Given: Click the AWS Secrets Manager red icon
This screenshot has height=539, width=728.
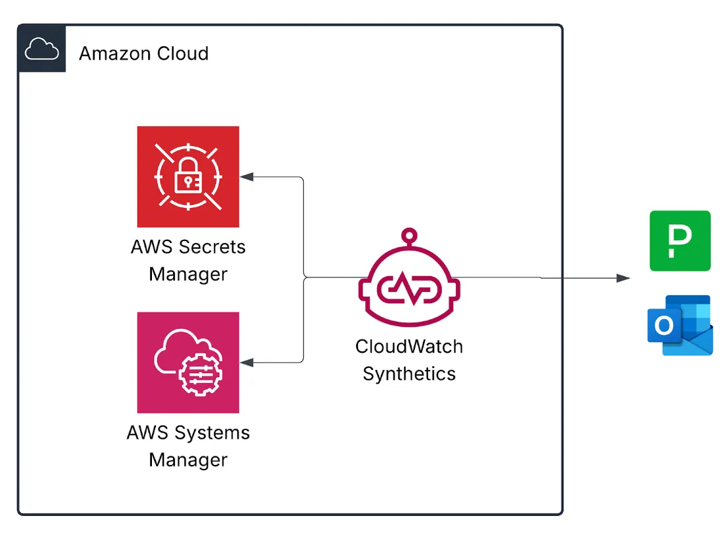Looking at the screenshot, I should click(188, 176).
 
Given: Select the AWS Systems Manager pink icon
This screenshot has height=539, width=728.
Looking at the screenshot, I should click(188, 363).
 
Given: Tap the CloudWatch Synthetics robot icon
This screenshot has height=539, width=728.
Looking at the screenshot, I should click(409, 281).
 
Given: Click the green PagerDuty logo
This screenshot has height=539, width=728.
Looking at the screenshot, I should click(680, 241).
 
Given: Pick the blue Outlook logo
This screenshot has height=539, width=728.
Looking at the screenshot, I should click(680, 325).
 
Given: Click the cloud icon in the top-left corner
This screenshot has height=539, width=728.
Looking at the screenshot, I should click(42, 49).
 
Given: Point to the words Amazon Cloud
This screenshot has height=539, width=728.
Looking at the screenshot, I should click(143, 54).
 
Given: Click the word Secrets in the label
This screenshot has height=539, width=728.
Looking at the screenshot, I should click(211, 247).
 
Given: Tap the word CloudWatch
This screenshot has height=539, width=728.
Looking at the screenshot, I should click(409, 346).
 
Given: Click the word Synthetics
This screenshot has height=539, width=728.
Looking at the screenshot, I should click(409, 374).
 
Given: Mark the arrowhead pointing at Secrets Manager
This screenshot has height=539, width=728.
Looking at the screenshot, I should click(246, 176).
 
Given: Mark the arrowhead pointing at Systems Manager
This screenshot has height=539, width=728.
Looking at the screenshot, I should click(246, 362).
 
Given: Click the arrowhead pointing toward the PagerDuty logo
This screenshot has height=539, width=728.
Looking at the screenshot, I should click(623, 278).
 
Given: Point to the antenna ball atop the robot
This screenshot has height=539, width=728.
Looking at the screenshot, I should click(410, 234).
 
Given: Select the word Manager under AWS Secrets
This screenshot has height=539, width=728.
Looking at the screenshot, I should click(188, 274).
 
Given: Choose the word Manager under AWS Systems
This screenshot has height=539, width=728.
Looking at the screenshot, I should click(188, 460).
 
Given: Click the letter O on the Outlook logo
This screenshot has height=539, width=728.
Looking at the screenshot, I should click(663, 325).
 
